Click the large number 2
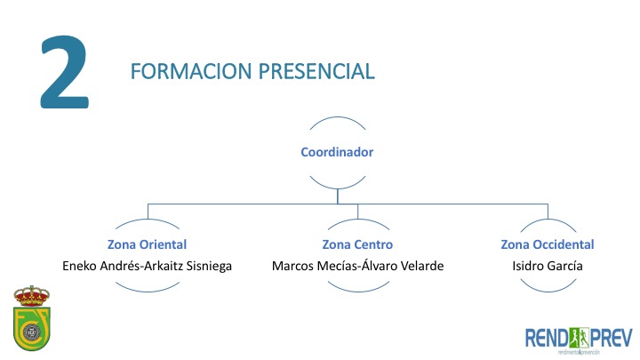pyautogui.click(x=65, y=75)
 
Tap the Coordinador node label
pyautogui.click(x=337, y=152)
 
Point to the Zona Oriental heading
pyautogui.click(x=147, y=244)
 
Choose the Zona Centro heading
pyautogui.click(x=357, y=244)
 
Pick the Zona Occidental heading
pyautogui.click(x=548, y=244)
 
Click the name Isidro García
pyautogui.click(x=548, y=266)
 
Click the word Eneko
pyautogui.click(x=81, y=266)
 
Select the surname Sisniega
pyautogui.click(x=204, y=266)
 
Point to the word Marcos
pyautogui.click(x=293, y=266)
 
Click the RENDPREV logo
pyautogui.click(x=579, y=339)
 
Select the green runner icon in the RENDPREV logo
pyautogui.click(x=580, y=337)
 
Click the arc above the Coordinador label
pyautogui.click(x=337, y=120)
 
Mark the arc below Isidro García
pyautogui.click(x=548, y=286)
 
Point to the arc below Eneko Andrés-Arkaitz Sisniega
pyautogui.click(x=147, y=286)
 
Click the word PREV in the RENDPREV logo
pyautogui.click(x=611, y=337)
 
